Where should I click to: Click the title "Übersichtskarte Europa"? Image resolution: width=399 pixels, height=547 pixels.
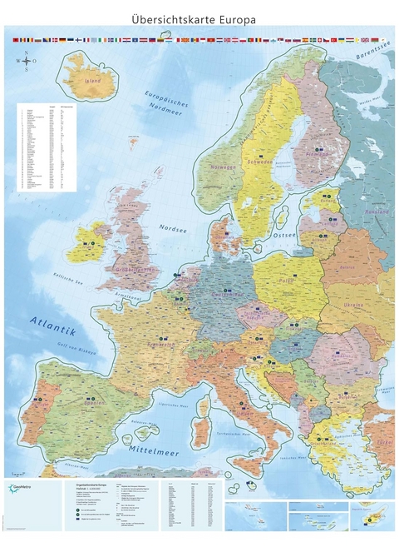(199, 18)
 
